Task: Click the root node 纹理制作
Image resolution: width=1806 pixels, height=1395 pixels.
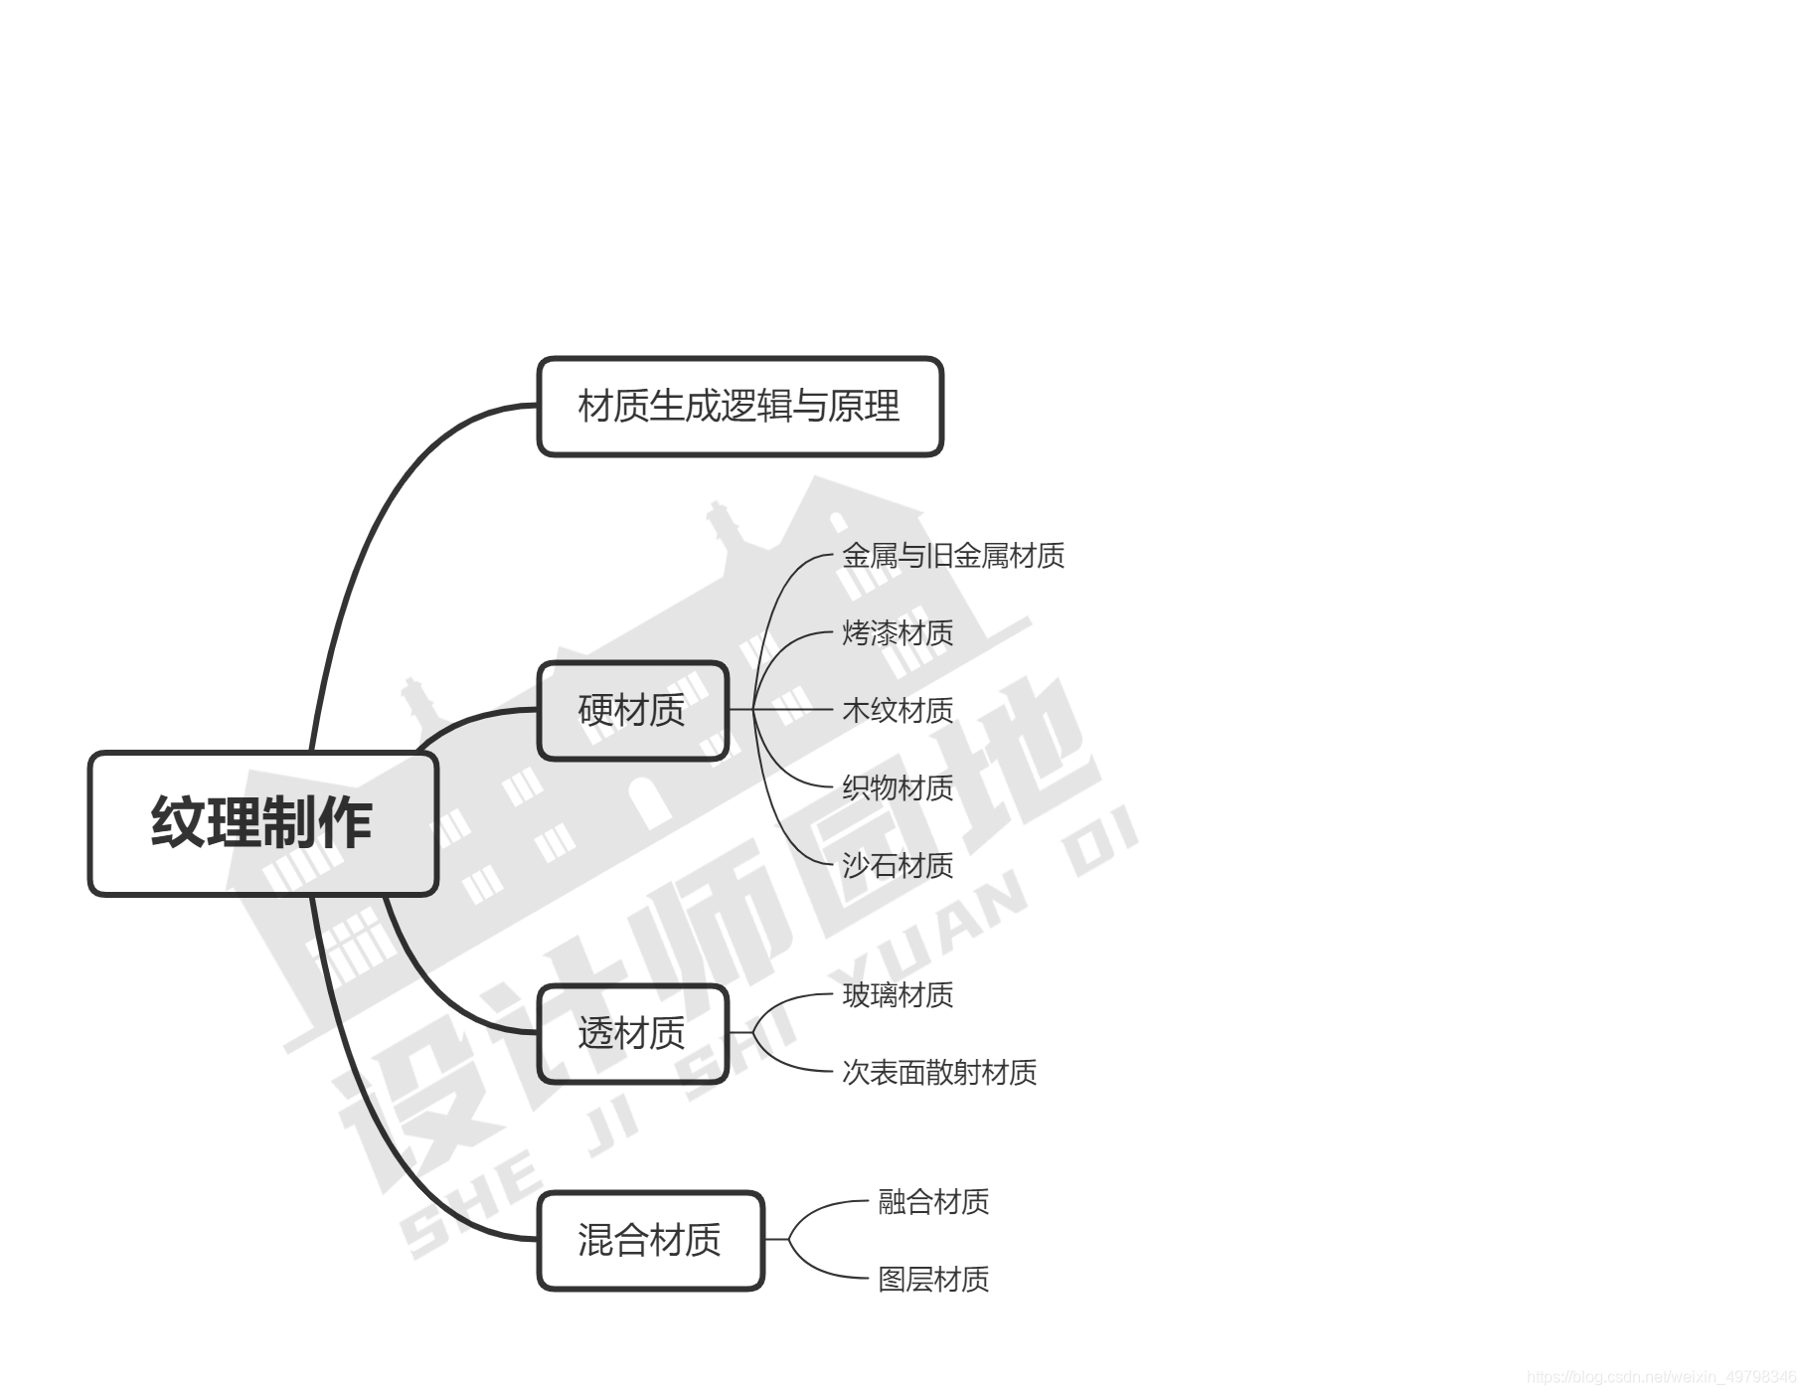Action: [x=262, y=823]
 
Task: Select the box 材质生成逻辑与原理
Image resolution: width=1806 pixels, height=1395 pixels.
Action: [x=739, y=406]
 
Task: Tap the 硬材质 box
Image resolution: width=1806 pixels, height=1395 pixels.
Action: [x=632, y=710]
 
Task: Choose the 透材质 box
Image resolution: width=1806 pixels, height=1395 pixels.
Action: [x=632, y=1033]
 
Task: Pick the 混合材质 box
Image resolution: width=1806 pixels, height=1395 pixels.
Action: [x=650, y=1240]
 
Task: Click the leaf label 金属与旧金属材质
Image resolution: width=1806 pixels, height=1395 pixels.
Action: [x=952, y=555]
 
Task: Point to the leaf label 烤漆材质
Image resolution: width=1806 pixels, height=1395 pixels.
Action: [x=897, y=632]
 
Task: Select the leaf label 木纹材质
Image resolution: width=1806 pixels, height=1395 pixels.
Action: [x=897, y=710]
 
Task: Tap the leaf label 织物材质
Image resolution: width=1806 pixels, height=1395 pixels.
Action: [x=897, y=787]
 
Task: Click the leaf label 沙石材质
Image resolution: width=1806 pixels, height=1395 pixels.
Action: [x=897, y=865]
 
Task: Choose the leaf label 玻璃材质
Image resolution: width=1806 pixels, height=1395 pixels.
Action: [x=897, y=994]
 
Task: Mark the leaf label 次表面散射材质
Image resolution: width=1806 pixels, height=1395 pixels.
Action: [x=938, y=1072]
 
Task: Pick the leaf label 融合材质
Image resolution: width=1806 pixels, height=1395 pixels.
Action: [x=932, y=1201]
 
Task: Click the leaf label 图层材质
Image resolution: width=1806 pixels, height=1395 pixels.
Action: [x=932, y=1279]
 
